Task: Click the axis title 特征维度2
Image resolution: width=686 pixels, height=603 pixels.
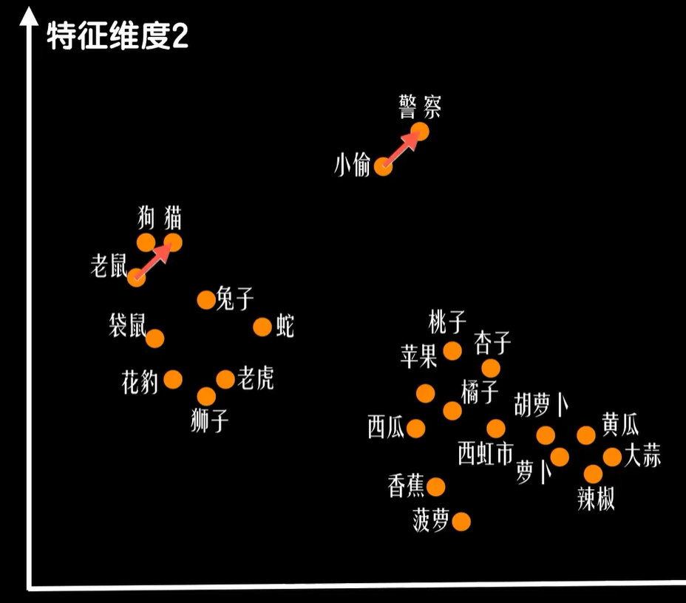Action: coord(118,36)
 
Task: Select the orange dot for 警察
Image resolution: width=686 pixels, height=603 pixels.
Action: coord(419,132)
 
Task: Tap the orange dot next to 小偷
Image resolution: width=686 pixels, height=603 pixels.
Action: coord(383,166)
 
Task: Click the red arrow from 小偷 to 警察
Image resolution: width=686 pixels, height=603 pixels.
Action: coord(400,149)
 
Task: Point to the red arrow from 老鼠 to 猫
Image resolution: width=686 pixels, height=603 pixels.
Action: coord(154,260)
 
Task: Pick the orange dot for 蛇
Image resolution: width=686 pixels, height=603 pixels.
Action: coord(262,327)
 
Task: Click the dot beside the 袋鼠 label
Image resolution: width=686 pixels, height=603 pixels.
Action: coord(154,338)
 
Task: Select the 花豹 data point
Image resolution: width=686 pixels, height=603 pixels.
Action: coord(173,379)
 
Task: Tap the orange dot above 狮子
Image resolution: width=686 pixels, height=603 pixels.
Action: coord(207,397)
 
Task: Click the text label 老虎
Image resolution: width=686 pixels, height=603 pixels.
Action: coord(256,379)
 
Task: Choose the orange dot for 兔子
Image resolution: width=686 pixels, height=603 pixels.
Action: coord(206,299)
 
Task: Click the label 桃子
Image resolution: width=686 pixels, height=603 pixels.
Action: coord(448,322)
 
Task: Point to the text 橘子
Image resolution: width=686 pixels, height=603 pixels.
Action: coord(480,392)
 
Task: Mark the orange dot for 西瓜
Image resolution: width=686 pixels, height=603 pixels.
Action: coord(416,429)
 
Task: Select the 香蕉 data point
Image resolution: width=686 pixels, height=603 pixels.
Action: coord(436,486)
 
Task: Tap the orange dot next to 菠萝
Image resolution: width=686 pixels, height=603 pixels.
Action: coord(461,522)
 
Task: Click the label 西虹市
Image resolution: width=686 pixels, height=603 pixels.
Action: coord(485,453)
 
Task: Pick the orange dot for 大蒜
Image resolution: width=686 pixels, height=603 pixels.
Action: coord(612,457)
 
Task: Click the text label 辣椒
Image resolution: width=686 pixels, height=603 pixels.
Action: coord(596,500)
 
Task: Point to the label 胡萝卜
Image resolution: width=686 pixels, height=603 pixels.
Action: coord(542,406)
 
